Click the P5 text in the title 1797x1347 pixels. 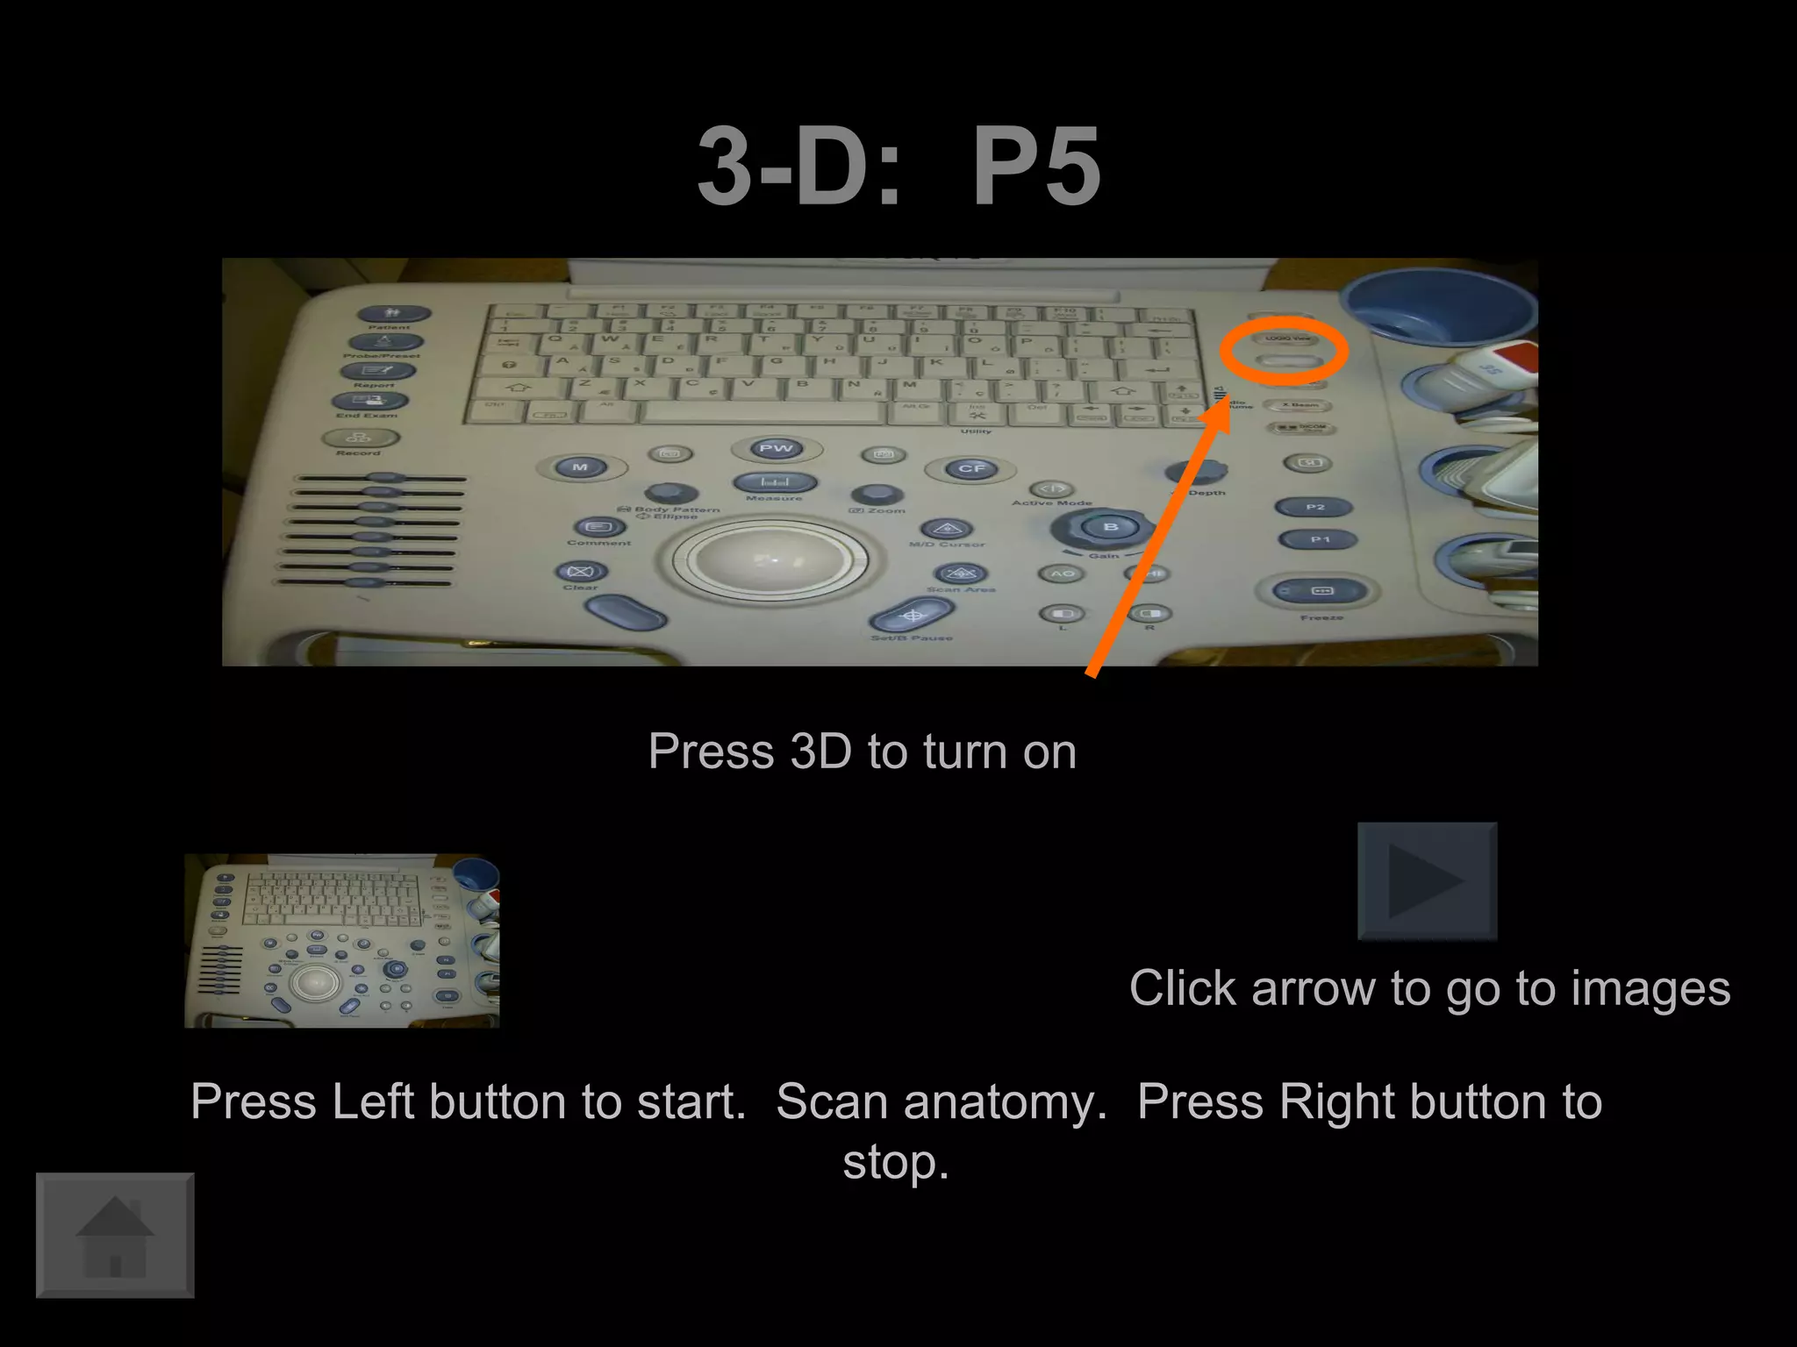point(1036,167)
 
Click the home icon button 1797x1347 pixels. point(115,1235)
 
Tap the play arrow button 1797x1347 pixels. point(1427,880)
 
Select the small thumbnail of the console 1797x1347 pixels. point(341,940)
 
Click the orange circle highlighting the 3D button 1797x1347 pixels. point(1284,351)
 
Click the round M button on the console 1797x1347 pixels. point(580,467)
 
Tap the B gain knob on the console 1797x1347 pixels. point(1110,527)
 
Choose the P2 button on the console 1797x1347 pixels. point(1314,507)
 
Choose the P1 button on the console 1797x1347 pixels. point(1319,539)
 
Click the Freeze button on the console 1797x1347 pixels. point(1321,591)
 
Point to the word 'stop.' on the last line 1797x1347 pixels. point(896,1163)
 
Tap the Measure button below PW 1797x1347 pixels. point(775,482)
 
